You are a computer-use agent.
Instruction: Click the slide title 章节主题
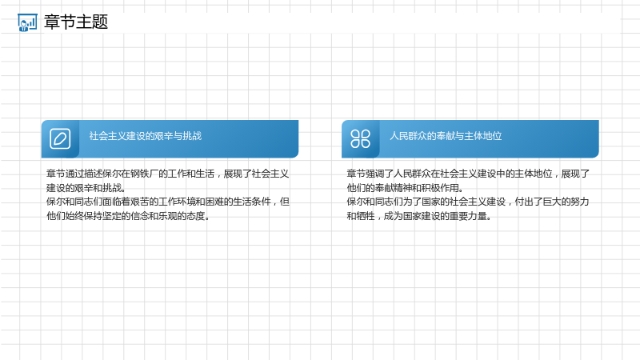76,22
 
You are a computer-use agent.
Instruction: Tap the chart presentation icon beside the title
27,22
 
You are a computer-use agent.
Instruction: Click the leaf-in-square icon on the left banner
60,138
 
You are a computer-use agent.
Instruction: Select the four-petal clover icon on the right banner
361,138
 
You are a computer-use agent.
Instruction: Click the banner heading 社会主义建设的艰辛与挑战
146,136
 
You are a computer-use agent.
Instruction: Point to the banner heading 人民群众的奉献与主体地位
446,136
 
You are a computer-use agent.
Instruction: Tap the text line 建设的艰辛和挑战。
86,188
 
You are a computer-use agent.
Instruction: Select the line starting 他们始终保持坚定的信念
128,216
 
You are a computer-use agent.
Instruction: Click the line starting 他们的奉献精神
406,188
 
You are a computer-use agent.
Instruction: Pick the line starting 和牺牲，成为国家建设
419,216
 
